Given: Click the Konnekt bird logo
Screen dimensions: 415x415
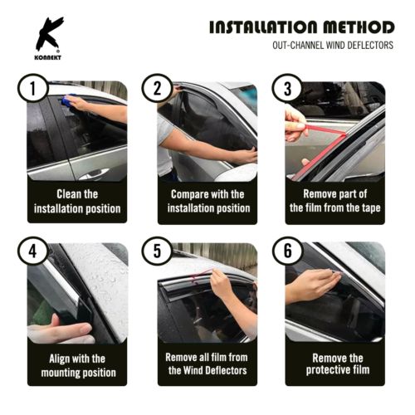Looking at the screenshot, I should (x=47, y=34).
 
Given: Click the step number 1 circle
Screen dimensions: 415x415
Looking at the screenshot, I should (x=33, y=89).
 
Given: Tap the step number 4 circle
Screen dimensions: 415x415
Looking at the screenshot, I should (x=33, y=250).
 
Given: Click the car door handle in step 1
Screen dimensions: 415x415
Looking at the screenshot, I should (x=94, y=172).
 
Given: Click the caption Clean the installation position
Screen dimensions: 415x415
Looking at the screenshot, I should (x=77, y=202).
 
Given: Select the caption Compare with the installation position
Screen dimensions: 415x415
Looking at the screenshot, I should (x=207, y=202).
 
